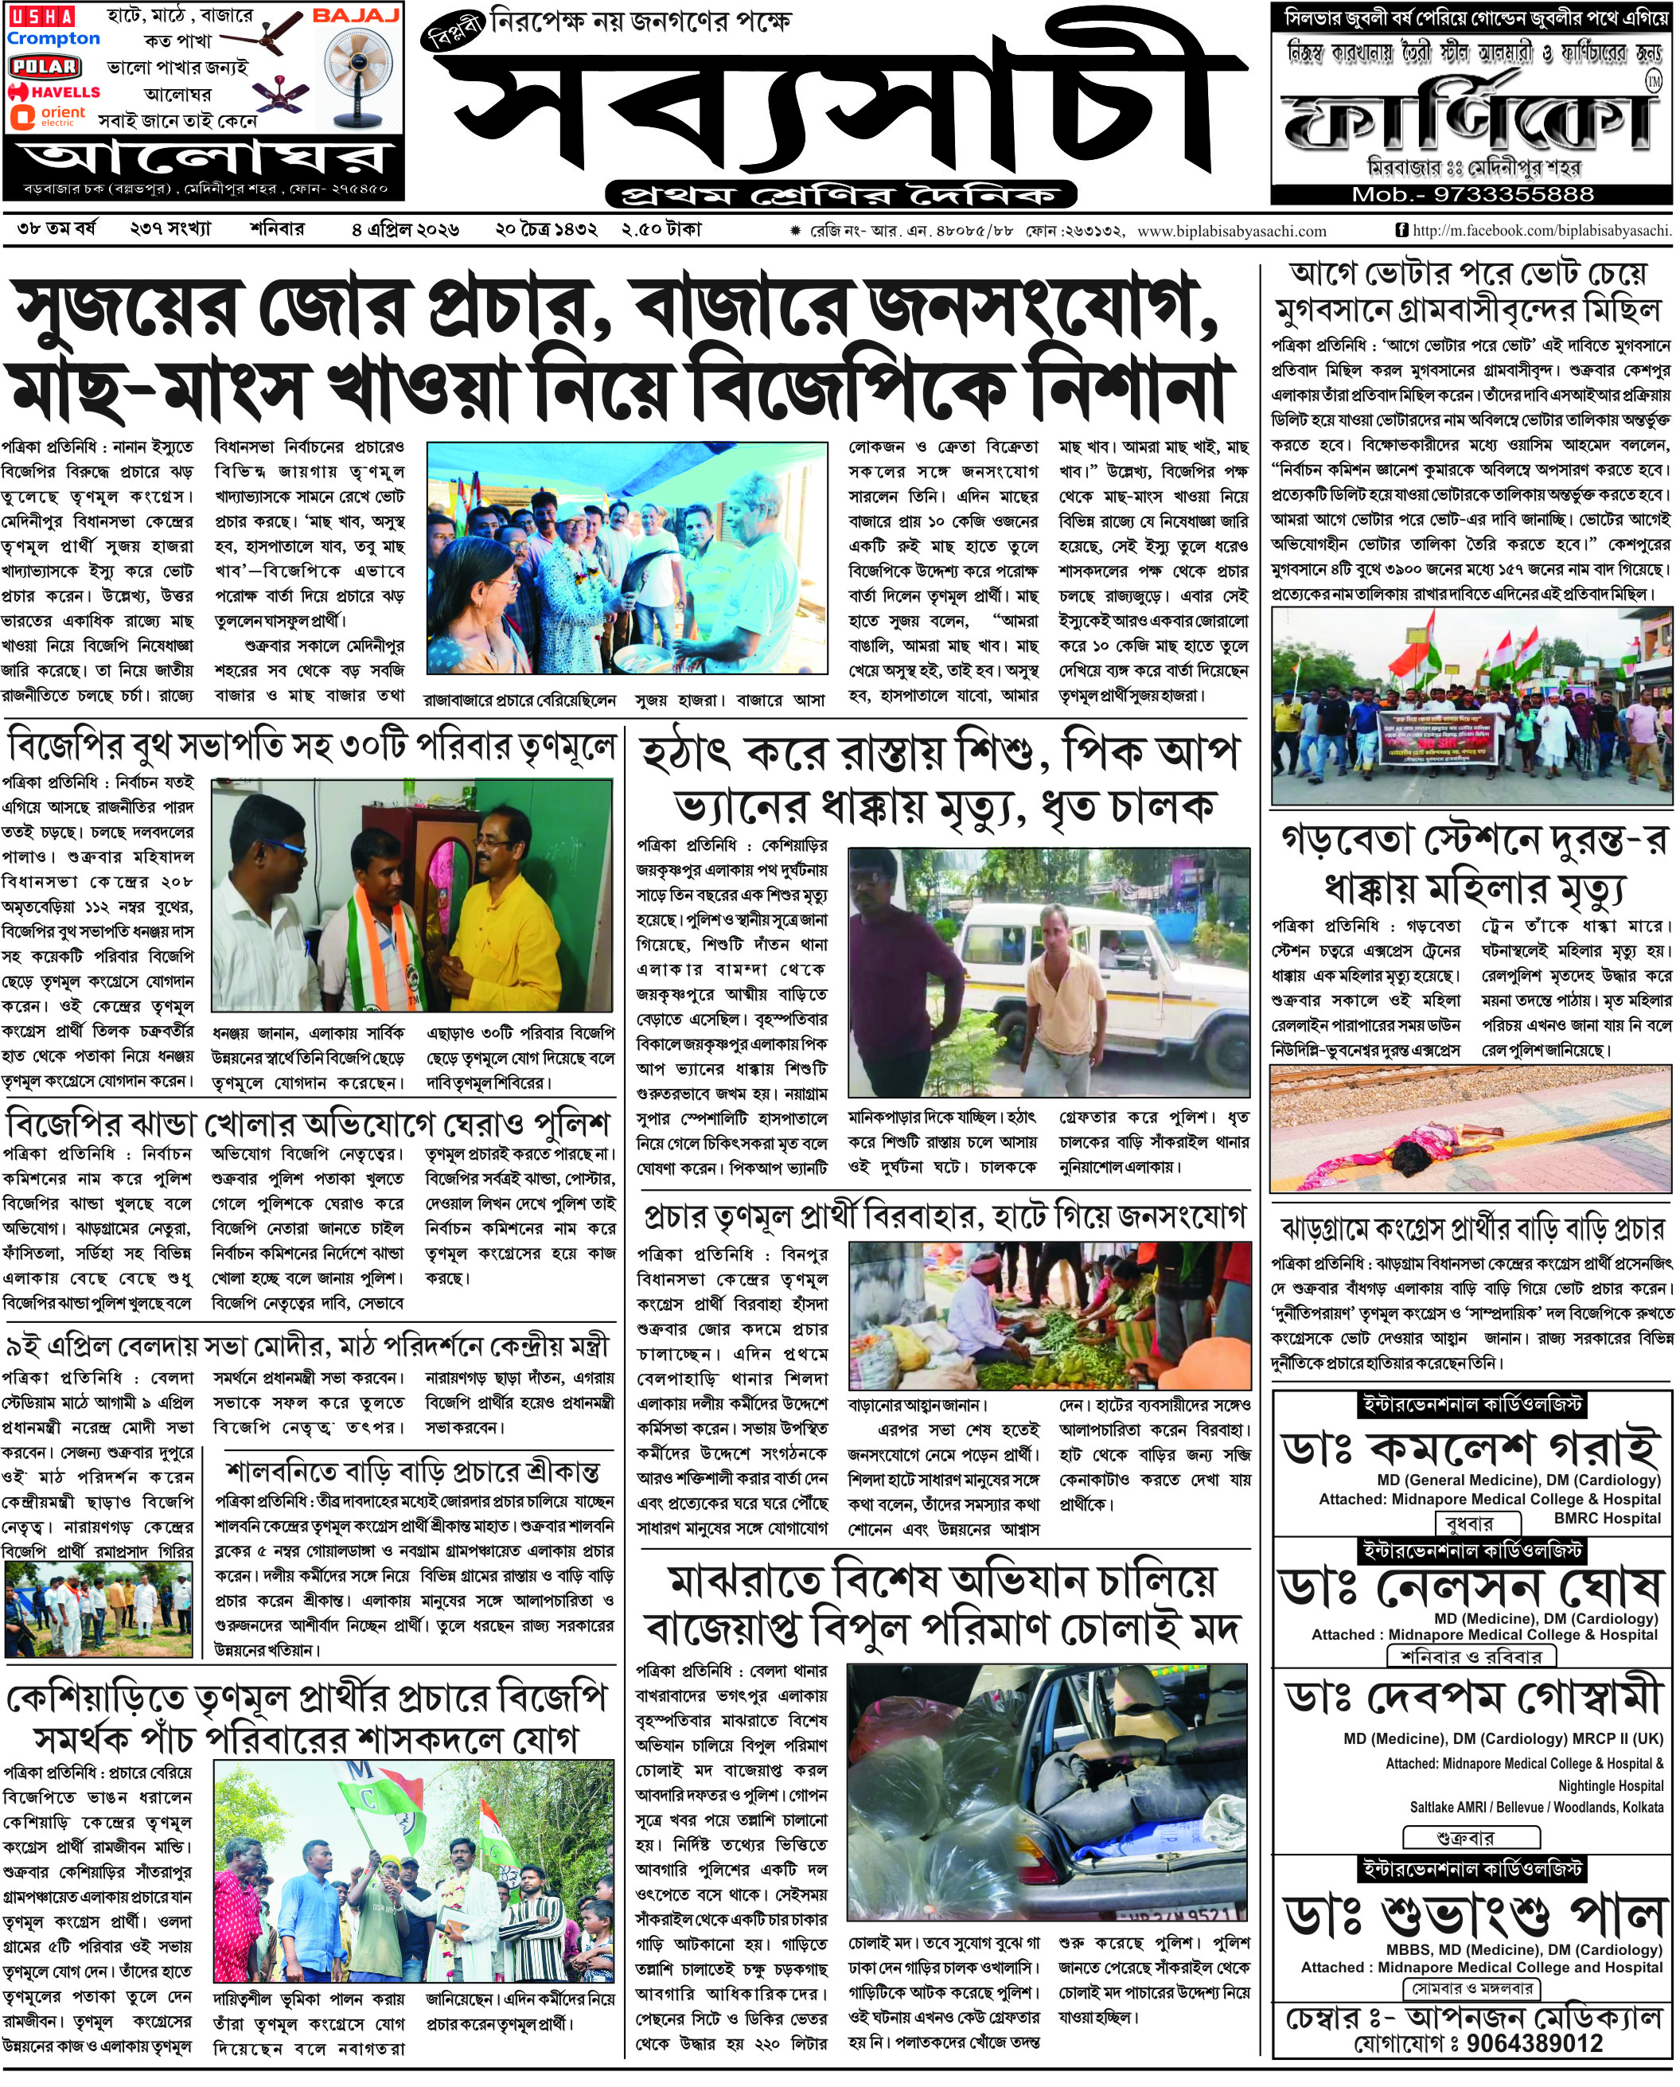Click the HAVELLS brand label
55,92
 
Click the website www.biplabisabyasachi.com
1231,232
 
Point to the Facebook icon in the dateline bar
1401,230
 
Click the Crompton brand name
53,40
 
